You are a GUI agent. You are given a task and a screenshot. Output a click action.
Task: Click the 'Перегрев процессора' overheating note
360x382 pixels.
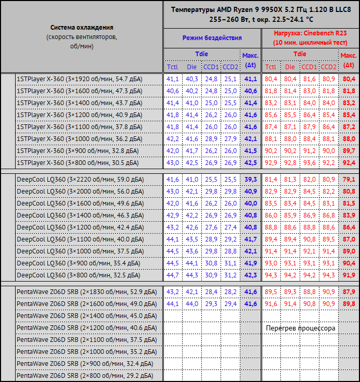tap(300, 328)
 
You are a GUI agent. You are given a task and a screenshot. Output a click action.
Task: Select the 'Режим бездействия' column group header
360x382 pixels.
tap(212, 38)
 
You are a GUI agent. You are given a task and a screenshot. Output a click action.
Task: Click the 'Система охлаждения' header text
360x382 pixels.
tap(82, 27)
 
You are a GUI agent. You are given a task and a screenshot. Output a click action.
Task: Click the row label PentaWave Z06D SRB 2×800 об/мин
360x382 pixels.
tap(85, 375)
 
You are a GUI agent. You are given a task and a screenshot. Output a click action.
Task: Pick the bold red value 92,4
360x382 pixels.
tap(349, 163)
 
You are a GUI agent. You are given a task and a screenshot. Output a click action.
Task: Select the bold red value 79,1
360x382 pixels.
tap(349, 180)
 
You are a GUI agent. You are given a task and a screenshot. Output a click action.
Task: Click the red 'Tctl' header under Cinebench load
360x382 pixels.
tap(271, 67)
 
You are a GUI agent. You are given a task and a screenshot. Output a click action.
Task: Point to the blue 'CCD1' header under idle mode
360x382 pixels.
tap(211, 67)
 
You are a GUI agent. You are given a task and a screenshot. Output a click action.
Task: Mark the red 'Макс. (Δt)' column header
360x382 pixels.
tap(349, 60)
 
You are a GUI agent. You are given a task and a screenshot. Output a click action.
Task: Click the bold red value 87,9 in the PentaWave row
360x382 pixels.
tap(349, 292)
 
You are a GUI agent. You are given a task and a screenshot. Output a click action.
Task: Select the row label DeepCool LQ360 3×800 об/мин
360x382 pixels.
tap(79, 275)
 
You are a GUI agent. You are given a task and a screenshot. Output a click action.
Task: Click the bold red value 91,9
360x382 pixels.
tap(349, 275)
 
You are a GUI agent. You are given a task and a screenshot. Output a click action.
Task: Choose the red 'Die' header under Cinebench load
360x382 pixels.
tap(290, 67)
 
